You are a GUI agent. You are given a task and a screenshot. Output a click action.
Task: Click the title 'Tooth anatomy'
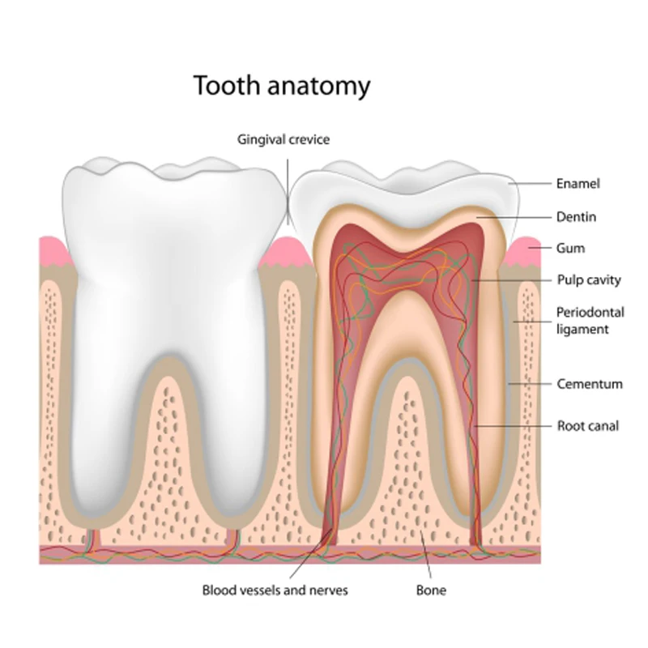tap(281, 85)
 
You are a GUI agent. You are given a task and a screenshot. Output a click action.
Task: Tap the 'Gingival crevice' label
tap(283, 139)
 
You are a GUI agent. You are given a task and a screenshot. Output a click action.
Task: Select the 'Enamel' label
tap(578, 184)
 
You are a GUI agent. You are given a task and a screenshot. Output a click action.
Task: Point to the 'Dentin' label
tap(576, 217)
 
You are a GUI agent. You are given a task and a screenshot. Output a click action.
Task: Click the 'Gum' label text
tap(570, 248)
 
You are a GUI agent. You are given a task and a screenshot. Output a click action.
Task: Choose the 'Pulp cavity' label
tap(588, 280)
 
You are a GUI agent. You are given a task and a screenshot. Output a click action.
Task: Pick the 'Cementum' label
tap(589, 384)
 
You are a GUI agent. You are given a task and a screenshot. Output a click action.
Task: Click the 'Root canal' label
tap(587, 425)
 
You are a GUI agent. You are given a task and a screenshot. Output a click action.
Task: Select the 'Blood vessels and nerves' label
tap(275, 590)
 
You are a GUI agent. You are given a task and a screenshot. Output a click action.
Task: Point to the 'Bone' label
tap(430, 590)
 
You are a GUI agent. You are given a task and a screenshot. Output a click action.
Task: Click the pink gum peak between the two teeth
tap(286, 249)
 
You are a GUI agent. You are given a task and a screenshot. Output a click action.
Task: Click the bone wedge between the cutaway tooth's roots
tap(409, 454)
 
